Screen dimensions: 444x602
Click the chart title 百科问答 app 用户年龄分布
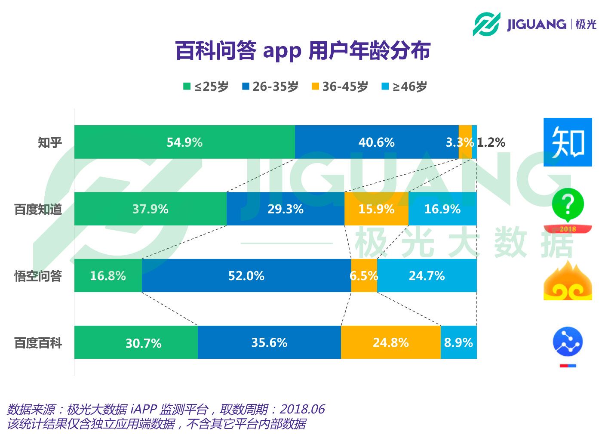click(303, 51)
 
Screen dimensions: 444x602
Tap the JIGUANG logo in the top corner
click(534, 24)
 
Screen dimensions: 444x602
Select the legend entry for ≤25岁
click(206, 86)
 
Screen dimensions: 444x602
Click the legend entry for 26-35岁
click(270, 86)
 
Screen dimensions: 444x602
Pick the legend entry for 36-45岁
click(340, 86)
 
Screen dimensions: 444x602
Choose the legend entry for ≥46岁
click(405, 86)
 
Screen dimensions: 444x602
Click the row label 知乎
click(50, 142)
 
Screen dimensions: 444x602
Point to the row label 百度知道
click(38, 210)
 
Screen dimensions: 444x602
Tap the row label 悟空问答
click(38, 276)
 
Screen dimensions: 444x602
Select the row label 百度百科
click(38, 343)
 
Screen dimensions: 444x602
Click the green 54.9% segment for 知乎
click(184, 142)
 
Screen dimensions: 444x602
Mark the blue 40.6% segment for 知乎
click(377, 142)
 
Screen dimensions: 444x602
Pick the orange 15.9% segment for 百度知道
click(376, 209)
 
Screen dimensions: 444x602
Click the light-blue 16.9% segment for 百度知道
click(442, 209)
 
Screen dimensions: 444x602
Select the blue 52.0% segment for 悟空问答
click(246, 276)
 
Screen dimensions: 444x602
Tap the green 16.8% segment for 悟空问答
click(108, 276)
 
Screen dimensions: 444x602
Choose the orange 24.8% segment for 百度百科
click(390, 342)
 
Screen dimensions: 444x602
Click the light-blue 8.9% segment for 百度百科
click(458, 342)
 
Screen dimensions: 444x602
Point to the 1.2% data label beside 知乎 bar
click(491, 142)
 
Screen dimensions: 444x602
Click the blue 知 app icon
click(568, 142)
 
